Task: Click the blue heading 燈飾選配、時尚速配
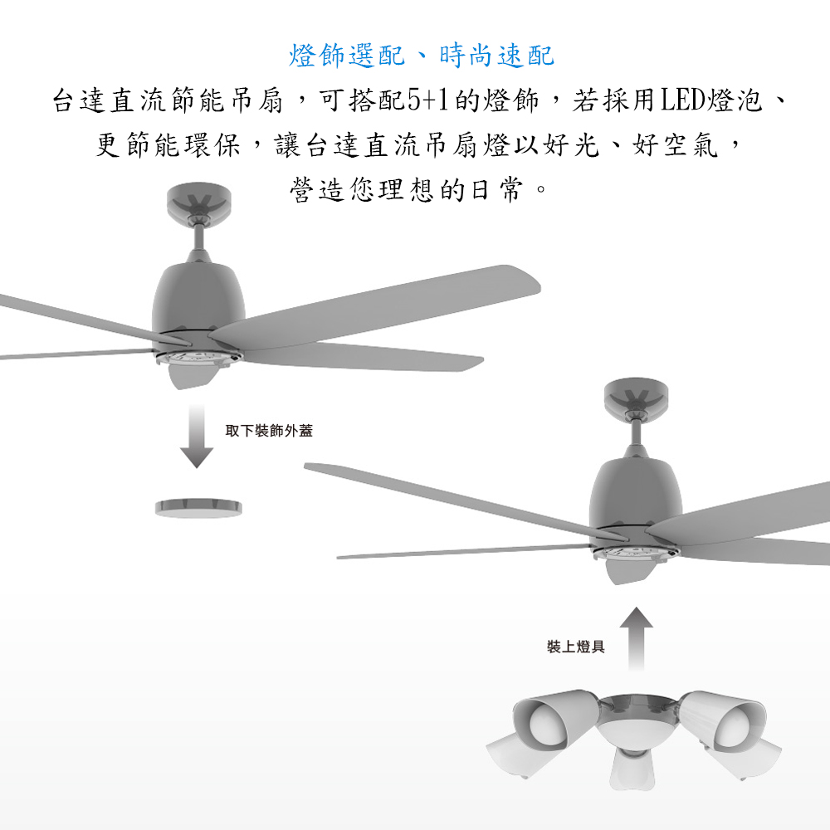(x=422, y=56)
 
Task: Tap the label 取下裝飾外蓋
(x=269, y=431)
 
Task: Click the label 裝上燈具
(x=575, y=647)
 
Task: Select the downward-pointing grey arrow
(x=197, y=437)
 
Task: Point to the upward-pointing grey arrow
(x=636, y=638)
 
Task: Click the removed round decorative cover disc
(x=198, y=508)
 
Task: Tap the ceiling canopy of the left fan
(x=198, y=201)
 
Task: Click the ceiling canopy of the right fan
(x=636, y=396)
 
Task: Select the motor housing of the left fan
(x=198, y=299)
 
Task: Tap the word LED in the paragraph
(x=682, y=100)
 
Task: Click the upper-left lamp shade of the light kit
(x=552, y=715)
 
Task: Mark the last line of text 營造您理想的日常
(x=418, y=189)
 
